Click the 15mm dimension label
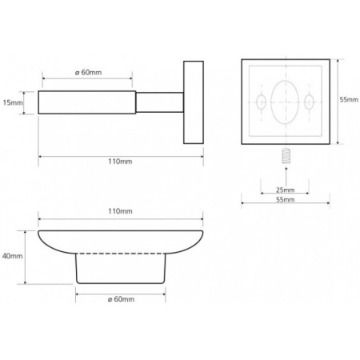[13, 102]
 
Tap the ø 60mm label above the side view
[88, 72]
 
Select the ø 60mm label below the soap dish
[121, 299]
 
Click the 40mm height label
[13, 256]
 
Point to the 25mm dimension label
[286, 190]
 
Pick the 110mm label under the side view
[120, 162]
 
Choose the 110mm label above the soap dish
[120, 211]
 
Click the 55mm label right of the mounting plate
[349, 99]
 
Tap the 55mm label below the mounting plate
[286, 199]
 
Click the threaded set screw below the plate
[286, 155]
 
